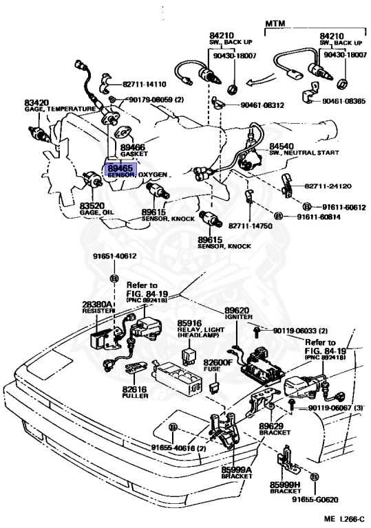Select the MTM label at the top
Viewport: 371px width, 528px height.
point(275,23)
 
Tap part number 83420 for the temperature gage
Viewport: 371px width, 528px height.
point(36,102)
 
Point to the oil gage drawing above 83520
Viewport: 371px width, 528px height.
point(92,178)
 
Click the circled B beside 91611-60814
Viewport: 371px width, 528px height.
point(279,216)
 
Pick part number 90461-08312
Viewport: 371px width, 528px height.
point(262,105)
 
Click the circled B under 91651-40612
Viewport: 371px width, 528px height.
point(115,278)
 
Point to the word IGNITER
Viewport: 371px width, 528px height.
point(238,317)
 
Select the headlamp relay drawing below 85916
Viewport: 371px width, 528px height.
point(189,355)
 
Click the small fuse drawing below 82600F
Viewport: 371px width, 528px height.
point(213,386)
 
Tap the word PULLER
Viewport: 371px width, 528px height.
point(135,396)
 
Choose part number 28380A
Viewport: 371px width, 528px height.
point(96,305)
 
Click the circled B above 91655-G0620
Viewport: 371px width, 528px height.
point(314,477)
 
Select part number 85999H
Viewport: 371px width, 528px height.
point(285,485)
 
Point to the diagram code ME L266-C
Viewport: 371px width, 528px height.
point(344,518)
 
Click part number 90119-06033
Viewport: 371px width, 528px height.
point(296,331)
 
